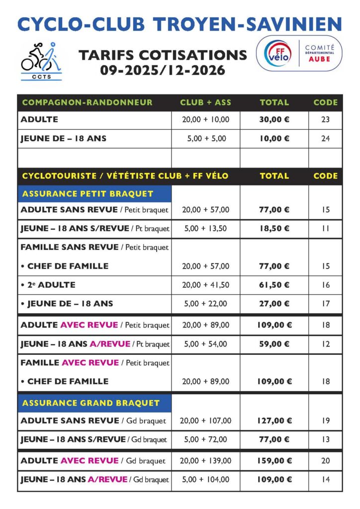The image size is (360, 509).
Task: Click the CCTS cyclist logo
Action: point(41,61)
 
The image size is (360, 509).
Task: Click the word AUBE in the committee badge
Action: point(319,59)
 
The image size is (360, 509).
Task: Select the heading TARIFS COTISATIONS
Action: point(162,55)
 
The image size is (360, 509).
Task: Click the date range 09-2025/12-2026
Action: point(162,71)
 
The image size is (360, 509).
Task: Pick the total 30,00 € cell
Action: point(274,119)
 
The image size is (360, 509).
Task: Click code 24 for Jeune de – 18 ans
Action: point(325,139)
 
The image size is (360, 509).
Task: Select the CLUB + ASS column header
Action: point(205,102)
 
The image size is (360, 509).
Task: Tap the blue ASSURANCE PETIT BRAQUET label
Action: point(88,194)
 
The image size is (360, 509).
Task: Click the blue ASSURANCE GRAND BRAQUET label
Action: point(91,403)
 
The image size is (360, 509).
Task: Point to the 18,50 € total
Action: point(274,229)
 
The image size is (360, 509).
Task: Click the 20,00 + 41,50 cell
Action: point(205,285)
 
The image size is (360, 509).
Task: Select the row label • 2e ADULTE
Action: point(48,285)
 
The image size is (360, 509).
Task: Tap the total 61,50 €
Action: point(274,285)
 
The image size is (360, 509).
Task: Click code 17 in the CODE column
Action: point(325,304)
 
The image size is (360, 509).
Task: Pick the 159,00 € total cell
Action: point(274,461)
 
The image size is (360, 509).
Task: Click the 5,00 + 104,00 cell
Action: point(205,480)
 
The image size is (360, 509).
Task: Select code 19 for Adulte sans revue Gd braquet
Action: point(325,421)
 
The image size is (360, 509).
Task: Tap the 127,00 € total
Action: point(274,421)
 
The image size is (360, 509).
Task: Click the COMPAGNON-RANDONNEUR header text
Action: point(88,102)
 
